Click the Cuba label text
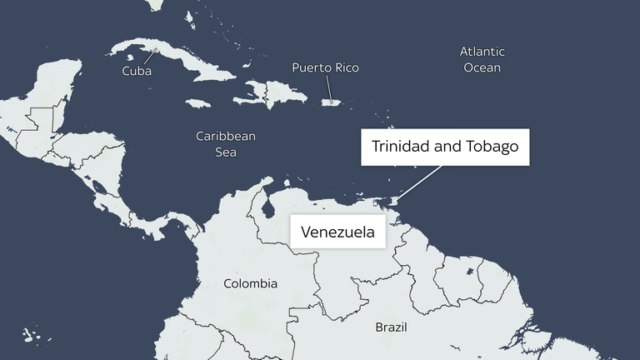coord(137,72)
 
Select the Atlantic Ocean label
coord(482,59)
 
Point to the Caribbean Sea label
coord(225,144)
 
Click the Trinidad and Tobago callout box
coord(445,147)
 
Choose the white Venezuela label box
coord(337,232)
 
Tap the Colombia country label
coord(250,284)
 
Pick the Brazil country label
coord(391,327)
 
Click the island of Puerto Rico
coord(332,103)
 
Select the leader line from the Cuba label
coord(151,57)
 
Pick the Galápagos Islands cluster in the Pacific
coord(31,335)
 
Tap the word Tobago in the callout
coord(492,147)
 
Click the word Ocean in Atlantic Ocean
coord(482,67)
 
